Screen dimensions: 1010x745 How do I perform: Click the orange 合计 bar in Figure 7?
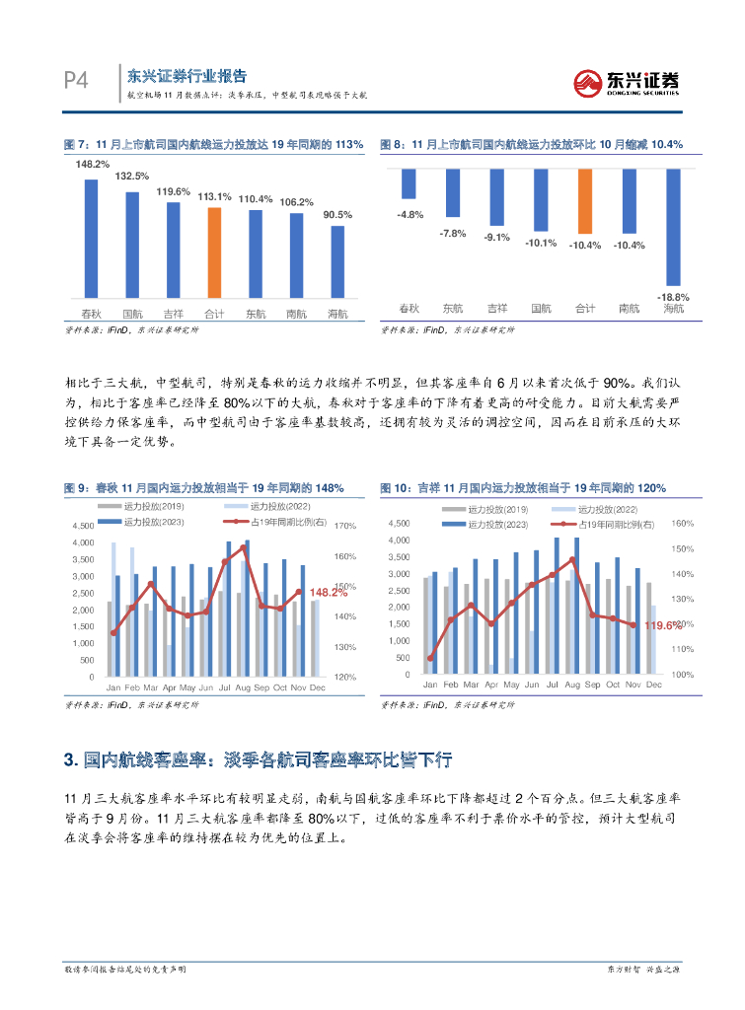coord(214,252)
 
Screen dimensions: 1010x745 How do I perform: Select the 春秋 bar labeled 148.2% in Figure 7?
coord(91,237)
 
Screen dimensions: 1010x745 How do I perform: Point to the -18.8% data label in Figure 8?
coord(673,296)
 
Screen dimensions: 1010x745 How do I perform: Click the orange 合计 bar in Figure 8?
coord(584,203)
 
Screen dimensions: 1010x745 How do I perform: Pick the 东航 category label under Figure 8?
coord(453,309)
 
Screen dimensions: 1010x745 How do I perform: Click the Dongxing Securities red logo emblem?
coord(590,83)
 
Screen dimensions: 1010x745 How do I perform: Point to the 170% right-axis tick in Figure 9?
coord(345,526)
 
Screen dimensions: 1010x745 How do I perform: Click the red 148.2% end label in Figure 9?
coord(329,593)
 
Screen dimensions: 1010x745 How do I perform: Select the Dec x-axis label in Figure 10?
coord(652,684)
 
